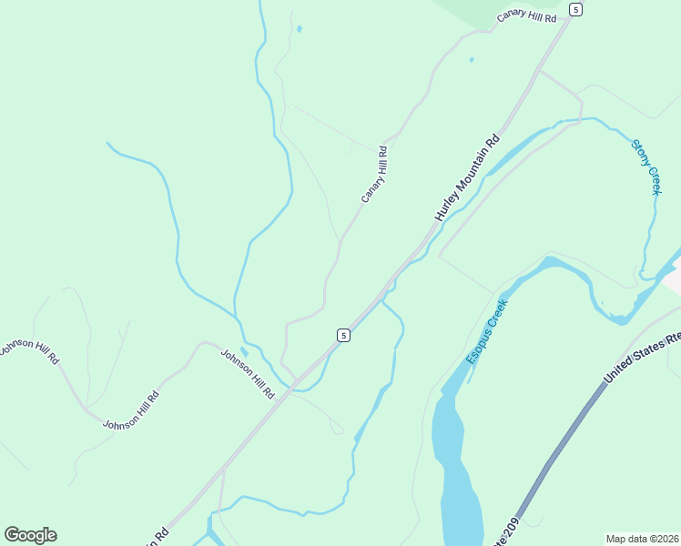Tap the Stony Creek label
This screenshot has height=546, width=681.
pyautogui.click(x=645, y=166)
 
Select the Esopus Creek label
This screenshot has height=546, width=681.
pyautogui.click(x=486, y=331)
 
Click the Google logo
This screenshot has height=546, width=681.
pyautogui.click(x=30, y=535)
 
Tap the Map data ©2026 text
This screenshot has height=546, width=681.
pyautogui.click(x=643, y=539)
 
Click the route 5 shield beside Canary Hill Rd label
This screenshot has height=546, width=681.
pyautogui.click(x=575, y=9)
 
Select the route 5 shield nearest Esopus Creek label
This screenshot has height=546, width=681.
pyautogui.click(x=342, y=335)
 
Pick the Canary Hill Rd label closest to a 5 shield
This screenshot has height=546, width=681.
pyautogui.click(x=526, y=16)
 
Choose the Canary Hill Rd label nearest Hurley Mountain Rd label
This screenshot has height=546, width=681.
pyautogui.click(x=374, y=175)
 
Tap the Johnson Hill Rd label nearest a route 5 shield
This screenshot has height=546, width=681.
pyautogui.click(x=247, y=374)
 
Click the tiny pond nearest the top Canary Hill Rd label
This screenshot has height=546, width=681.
pyautogui.click(x=471, y=60)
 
